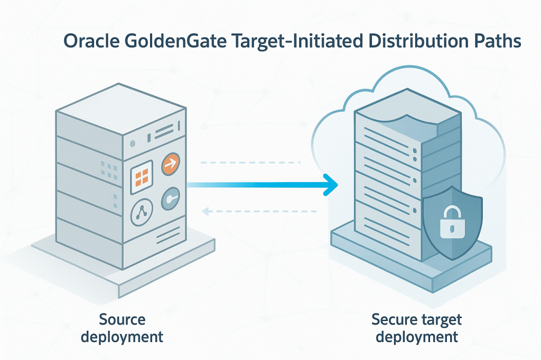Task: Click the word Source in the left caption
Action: click(122, 320)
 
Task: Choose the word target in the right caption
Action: click(439, 320)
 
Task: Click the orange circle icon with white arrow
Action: click(170, 164)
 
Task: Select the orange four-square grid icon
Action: click(141, 174)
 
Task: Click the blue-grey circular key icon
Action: click(171, 199)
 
